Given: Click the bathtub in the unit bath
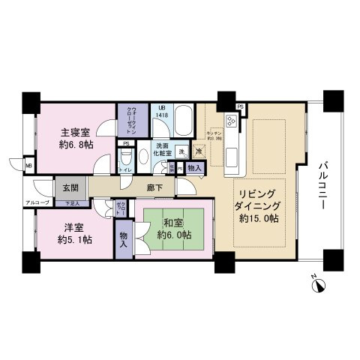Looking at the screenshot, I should point(184,118).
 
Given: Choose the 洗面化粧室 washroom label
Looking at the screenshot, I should point(163,148).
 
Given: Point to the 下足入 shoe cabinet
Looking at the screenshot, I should point(71,202).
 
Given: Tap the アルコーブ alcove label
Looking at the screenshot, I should point(37,203).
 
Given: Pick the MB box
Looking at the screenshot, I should point(28,165).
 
